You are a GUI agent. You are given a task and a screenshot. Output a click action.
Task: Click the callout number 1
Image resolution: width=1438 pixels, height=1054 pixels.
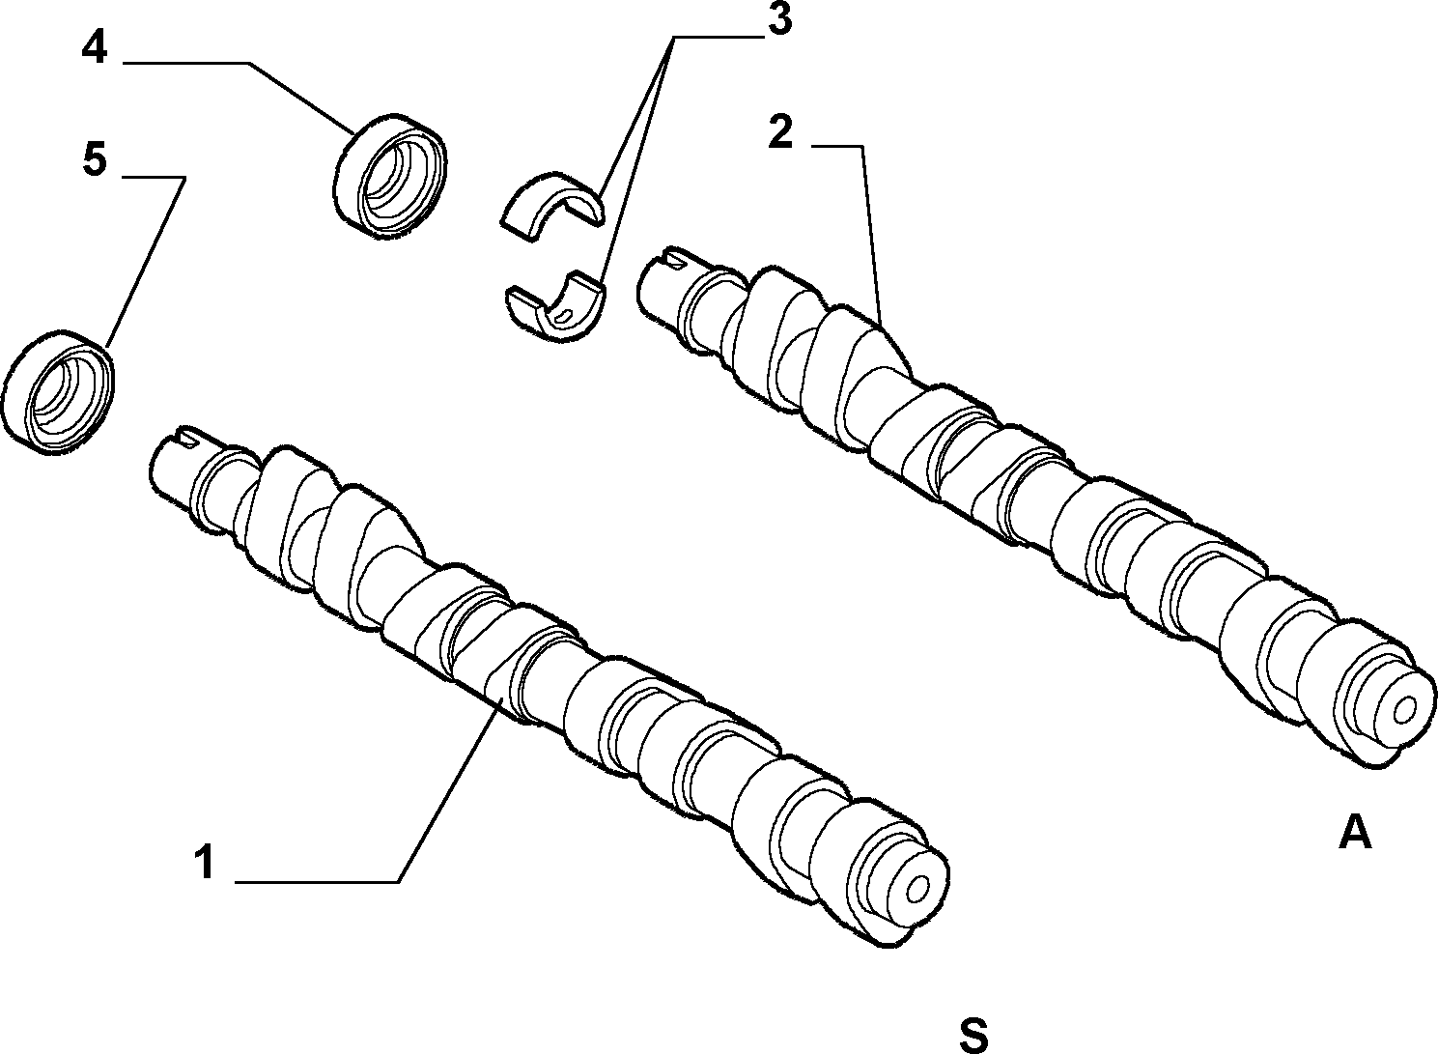coord(205,863)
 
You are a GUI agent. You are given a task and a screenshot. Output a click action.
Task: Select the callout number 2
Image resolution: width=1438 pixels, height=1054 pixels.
coord(780,133)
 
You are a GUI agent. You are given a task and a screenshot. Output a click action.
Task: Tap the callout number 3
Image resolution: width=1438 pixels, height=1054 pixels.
coord(780,19)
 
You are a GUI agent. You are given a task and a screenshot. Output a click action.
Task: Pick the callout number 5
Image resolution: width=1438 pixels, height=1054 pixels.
coord(95,159)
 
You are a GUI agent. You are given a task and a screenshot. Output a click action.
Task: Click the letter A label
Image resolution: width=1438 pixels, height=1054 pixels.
coord(1355,833)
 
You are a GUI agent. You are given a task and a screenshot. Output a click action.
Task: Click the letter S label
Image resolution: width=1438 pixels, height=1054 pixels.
coord(973,1034)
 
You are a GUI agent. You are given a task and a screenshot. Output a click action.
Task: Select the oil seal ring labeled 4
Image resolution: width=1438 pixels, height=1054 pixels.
coord(390,177)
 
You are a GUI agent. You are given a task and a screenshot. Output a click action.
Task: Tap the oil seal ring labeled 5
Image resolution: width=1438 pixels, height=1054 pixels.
coord(58,392)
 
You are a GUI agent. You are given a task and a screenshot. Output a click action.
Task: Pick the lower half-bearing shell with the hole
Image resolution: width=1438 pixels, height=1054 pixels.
coord(556,305)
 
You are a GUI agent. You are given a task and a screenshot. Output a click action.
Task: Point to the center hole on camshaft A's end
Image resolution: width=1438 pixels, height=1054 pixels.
coord(1404,711)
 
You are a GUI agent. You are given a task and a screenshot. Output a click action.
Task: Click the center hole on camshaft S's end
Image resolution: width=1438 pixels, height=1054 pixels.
coord(918,889)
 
